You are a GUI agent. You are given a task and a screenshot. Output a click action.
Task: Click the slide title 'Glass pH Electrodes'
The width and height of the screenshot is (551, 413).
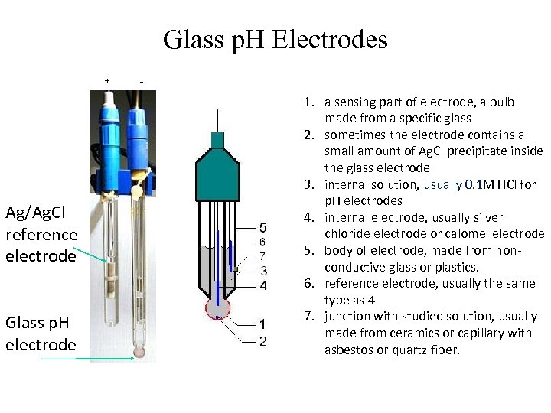coord(275,40)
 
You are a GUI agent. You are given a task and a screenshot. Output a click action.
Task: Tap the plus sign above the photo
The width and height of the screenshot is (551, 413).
coord(107,80)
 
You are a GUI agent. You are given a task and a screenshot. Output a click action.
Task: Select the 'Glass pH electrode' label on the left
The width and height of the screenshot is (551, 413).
coord(41,333)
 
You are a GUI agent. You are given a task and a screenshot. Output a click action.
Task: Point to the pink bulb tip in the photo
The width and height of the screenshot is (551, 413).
coord(139,353)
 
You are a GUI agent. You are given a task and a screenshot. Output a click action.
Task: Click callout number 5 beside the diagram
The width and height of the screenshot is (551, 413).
coord(263,227)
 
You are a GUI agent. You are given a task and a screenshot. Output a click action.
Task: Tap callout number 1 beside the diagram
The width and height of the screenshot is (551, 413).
coord(263,324)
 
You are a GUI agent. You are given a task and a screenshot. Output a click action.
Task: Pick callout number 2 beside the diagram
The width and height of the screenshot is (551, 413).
coord(263,340)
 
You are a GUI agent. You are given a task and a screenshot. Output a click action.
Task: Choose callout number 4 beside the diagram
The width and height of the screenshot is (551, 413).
coord(263,285)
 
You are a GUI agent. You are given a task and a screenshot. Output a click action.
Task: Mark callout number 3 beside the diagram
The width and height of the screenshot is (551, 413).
coord(263,270)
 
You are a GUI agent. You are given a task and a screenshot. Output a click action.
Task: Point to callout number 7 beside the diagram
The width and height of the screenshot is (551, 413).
coord(262,255)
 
